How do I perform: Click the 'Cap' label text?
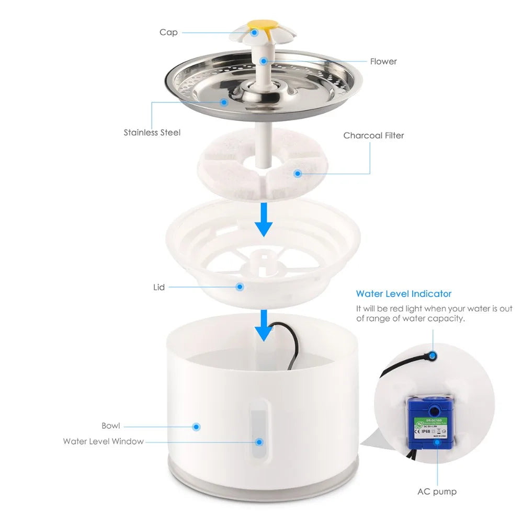point(168,32)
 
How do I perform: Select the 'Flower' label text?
point(383,61)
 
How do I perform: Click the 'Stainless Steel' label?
point(152,132)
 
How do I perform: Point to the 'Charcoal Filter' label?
point(373,135)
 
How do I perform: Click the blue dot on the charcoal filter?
point(298,173)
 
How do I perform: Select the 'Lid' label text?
point(159,287)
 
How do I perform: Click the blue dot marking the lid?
point(240,287)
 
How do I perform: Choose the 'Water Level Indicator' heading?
point(403,294)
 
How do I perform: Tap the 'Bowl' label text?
point(111,426)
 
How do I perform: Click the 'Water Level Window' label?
point(103,441)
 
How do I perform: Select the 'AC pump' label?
point(437,491)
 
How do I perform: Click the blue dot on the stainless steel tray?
point(224,102)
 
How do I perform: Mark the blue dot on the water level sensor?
point(434,355)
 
